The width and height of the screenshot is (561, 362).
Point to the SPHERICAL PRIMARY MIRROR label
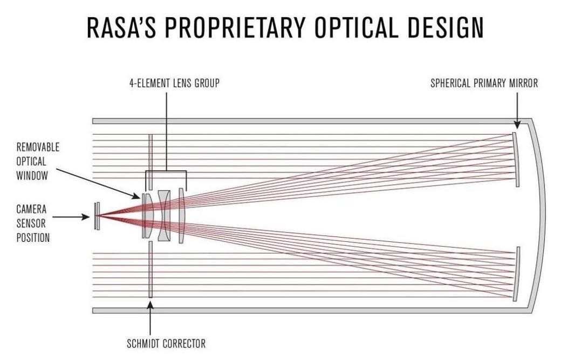484,83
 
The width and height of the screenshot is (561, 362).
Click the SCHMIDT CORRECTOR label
166,343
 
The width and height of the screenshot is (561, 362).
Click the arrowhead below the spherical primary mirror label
516,126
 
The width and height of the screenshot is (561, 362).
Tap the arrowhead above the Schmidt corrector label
150,305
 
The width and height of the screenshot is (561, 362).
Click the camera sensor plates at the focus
97,215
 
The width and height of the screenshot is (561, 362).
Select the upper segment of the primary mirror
516,159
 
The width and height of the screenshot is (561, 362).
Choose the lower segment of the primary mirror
516,274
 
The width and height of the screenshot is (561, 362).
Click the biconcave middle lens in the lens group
165,216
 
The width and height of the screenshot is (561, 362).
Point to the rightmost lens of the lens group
182,216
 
